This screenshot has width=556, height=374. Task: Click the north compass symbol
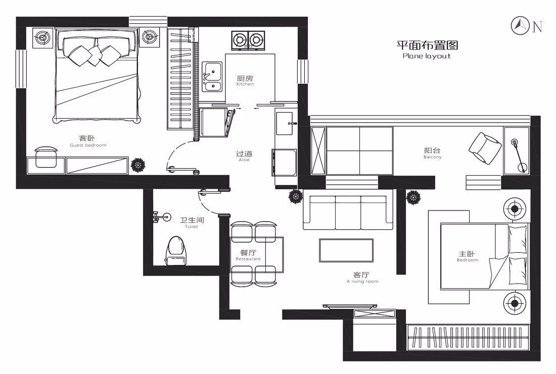(521, 25)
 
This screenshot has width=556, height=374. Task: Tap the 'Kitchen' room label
(245, 84)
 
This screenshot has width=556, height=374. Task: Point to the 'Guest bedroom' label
(88, 145)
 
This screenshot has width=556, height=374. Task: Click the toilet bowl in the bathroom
(176, 248)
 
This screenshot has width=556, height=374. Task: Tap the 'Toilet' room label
(192, 227)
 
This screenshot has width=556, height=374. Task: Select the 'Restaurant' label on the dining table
(248, 259)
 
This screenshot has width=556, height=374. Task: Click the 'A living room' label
(362, 281)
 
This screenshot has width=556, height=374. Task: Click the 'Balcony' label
(433, 157)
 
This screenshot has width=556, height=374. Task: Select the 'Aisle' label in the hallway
(244, 160)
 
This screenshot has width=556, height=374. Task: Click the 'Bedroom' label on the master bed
(467, 260)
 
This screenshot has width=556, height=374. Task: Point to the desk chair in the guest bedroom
(47, 156)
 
